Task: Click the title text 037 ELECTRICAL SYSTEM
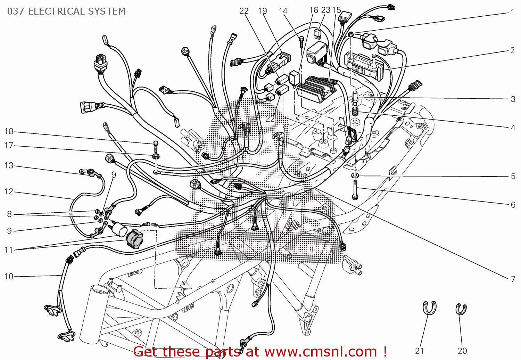tap(66, 11)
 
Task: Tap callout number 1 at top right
tap(513, 13)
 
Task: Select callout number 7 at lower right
tap(513, 279)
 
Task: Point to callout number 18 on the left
tap(9, 131)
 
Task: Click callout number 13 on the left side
tap(9, 165)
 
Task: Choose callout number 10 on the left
tap(9, 276)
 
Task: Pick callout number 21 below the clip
tap(420, 351)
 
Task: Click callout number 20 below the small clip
tap(462, 351)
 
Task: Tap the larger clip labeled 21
tap(430, 308)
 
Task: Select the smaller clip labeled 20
tap(461, 309)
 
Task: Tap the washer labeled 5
tap(355, 174)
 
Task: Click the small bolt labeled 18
tap(155, 144)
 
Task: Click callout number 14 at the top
tap(283, 11)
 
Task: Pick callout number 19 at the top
tap(263, 11)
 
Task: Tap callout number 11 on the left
tap(9, 250)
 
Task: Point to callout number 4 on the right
tap(513, 128)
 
